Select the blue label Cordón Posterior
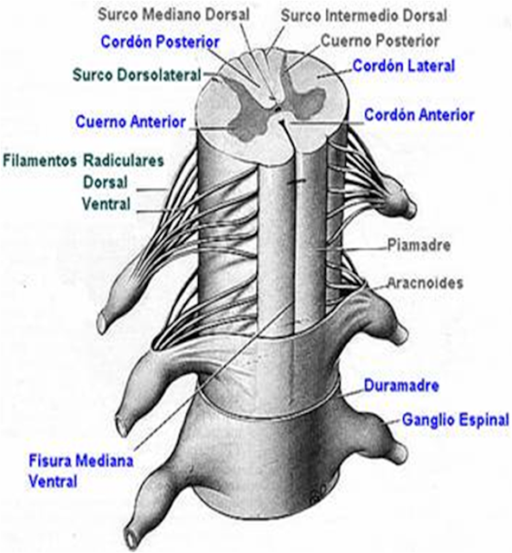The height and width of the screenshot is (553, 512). point(160,41)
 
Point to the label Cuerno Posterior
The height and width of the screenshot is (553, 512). point(380,41)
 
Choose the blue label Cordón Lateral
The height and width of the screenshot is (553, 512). point(403,66)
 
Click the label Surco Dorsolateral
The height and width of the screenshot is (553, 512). point(138,75)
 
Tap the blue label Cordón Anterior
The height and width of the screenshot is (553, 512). point(419,115)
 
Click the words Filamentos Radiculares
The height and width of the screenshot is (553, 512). point(84,162)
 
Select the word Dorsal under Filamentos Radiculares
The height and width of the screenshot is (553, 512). point(105,183)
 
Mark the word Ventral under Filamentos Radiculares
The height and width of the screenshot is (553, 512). point(106,205)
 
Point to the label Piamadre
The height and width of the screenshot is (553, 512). point(419,245)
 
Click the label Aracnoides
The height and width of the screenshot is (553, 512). point(425,283)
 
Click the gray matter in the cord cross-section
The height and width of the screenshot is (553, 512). point(251,121)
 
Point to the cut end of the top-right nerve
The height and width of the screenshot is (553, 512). point(411,207)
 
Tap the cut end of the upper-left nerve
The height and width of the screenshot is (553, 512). point(101,322)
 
